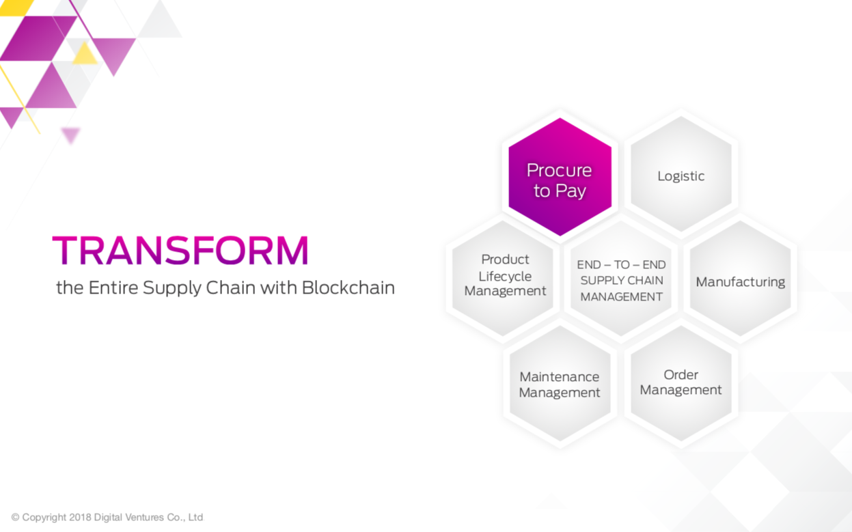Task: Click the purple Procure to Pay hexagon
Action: pos(560,177)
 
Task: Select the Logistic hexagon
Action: pos(681,173)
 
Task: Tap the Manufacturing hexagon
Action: pos(740,279)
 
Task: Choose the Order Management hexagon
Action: pos(681,383)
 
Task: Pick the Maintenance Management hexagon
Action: pos(560,383)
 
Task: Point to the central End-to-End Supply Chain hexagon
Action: pos(621,279)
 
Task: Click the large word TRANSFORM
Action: pos(180,250)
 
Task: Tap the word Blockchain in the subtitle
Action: pos(348,288)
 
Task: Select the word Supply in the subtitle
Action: pos(172,288)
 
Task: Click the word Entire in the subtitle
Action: pos(113,288)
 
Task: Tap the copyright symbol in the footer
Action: pos(15,517)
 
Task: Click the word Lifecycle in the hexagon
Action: pos(505,277)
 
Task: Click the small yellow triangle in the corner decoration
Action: pos(85,54)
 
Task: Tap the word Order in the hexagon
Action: pos(681,374)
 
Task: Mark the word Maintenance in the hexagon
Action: pos(560,376)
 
